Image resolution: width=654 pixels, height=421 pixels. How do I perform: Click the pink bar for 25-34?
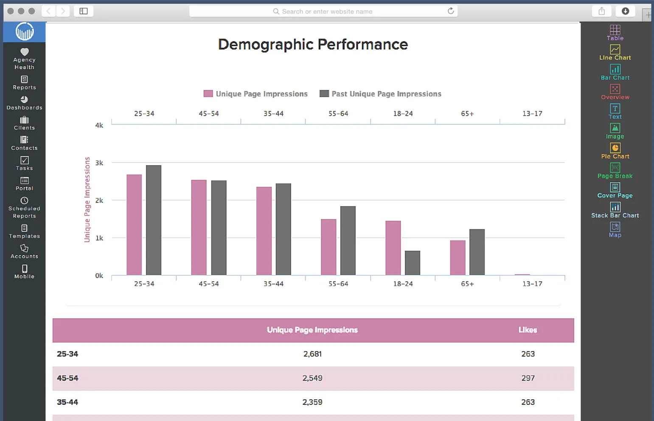tap(134, 225)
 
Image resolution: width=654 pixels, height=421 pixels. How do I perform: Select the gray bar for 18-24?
tap(412, 263)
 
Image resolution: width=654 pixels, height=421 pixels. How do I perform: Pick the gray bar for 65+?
tap(477, 252)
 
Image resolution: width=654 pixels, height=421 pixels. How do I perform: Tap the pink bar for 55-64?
tap(328, 247)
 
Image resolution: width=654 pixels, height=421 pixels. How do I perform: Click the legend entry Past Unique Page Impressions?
tap(380, 94)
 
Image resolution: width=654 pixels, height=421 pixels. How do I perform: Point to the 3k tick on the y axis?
tap(99, 163)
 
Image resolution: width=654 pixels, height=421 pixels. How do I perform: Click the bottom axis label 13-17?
tap(532, 283)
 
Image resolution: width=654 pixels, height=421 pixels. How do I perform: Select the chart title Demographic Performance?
tap(313, 45)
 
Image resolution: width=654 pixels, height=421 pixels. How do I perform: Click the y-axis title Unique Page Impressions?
tap(87, 199)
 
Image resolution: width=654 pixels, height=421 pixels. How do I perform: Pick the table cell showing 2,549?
tap(312, 378)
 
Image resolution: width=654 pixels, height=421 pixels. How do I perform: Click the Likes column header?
tap(528, 330)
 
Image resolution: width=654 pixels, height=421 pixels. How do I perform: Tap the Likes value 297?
tap(528, 378)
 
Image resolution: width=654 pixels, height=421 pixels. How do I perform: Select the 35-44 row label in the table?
tap(67, 402)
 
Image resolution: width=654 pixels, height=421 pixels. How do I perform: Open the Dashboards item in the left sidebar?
tap(24, 103)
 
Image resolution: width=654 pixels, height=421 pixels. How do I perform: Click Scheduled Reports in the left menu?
tap(24, 208)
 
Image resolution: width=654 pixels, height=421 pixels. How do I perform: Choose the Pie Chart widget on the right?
tap(615, 151)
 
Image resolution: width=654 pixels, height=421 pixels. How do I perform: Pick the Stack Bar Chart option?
tap(615, 210)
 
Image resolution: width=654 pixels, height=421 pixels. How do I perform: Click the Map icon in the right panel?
tap(615, 230)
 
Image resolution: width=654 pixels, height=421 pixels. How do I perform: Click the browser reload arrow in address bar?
tap(451, 11)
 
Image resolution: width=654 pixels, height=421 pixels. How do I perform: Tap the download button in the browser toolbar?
tap(625, 11)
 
